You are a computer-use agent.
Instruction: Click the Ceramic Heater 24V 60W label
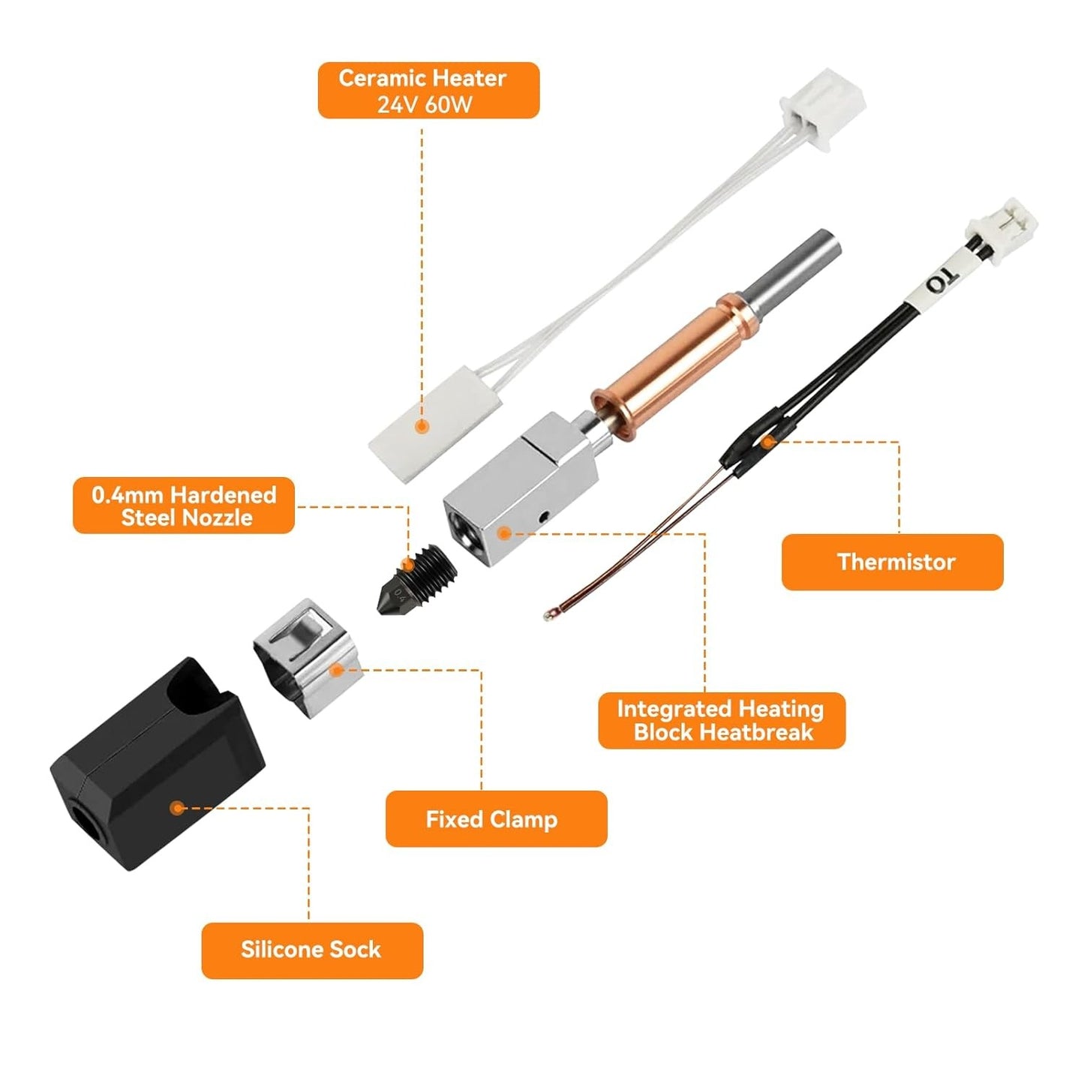[x=428, y=90]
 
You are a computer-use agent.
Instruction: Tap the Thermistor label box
[x=892, y=562]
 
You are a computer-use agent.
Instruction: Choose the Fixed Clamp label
[x=496, y=819]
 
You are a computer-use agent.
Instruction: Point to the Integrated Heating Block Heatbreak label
[x=722, y=721]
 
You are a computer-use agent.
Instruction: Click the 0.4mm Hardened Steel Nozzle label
[x=184, y=506]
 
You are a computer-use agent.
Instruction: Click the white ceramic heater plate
[x=435, y=420]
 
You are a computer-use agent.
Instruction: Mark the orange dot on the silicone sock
[x=178, y=809]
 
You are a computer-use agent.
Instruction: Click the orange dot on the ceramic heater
[x=422, y=426]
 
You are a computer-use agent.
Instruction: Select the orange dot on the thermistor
[x=767, y=442]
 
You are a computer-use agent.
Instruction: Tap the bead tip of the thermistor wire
[x=548, y=615]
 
